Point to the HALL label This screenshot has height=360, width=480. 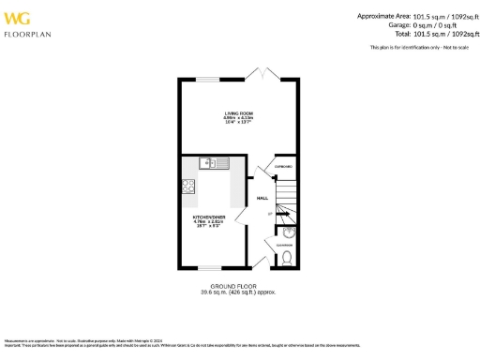coord(263,198)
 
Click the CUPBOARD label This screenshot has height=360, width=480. coord(282,167)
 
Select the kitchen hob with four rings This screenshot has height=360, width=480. coord(189,186)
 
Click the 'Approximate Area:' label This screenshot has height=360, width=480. coord(384,15)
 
